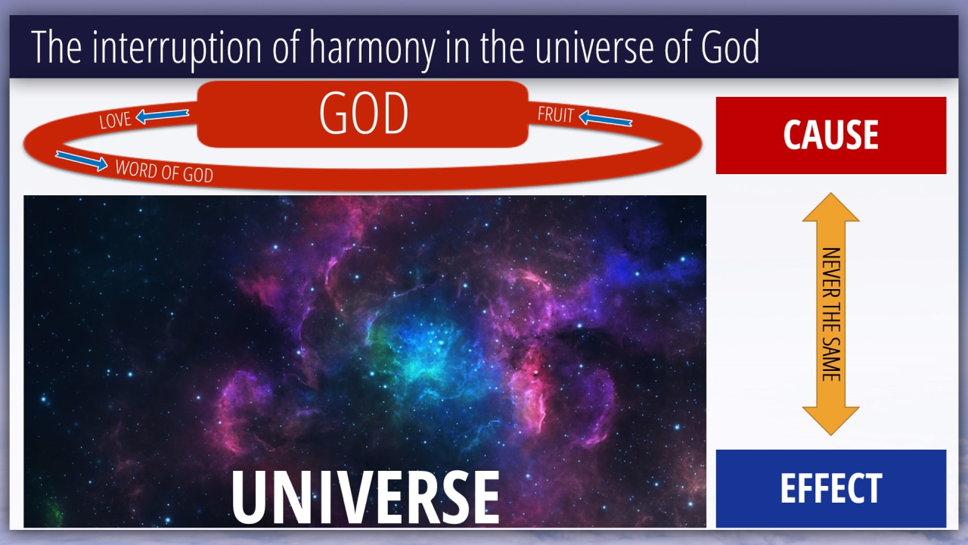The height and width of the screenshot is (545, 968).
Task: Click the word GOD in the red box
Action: point(364,114)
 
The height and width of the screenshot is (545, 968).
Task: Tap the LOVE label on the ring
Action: point(114,120)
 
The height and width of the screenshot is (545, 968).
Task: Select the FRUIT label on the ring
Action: point(556,114)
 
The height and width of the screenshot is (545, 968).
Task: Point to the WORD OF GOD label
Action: point(164,171)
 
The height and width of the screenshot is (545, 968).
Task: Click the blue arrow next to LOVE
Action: point(162,116)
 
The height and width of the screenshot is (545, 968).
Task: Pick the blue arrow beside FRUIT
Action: point(606,118)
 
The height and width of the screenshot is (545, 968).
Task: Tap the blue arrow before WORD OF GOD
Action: point(82,160)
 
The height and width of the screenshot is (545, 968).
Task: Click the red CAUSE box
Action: point(831,135)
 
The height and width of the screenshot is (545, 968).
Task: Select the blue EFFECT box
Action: point(831,488)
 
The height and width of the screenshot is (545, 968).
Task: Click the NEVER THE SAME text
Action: point(831,314)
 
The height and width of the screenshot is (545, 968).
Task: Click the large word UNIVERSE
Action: point(365,497)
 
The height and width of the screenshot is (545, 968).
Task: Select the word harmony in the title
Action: point(373,48)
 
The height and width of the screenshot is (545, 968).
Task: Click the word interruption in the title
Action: point(176,48)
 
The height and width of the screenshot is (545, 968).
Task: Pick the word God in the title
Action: point(730,47)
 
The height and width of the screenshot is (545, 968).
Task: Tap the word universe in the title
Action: point(594,48)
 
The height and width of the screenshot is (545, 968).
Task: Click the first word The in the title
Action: point(56,47)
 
